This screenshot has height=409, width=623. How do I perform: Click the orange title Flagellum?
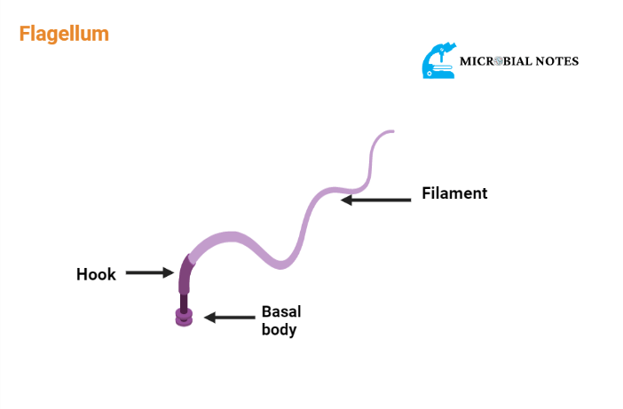click(64, 35)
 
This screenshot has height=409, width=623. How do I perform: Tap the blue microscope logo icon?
click(439, 60)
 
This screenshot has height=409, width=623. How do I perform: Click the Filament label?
click(454, 193)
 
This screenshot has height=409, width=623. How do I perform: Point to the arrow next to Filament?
click(376, 201)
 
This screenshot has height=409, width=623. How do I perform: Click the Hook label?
click(96, 274)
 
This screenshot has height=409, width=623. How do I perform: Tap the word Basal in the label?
click(281, 311)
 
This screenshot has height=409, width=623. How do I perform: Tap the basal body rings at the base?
click(184, 317)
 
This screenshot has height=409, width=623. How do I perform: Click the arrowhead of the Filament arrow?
click(346, 201)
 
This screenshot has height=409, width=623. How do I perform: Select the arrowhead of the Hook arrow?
click(170, 273)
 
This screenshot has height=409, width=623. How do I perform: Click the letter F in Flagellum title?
click(25, 35)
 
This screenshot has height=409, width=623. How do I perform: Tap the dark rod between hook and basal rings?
click(184, 301)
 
